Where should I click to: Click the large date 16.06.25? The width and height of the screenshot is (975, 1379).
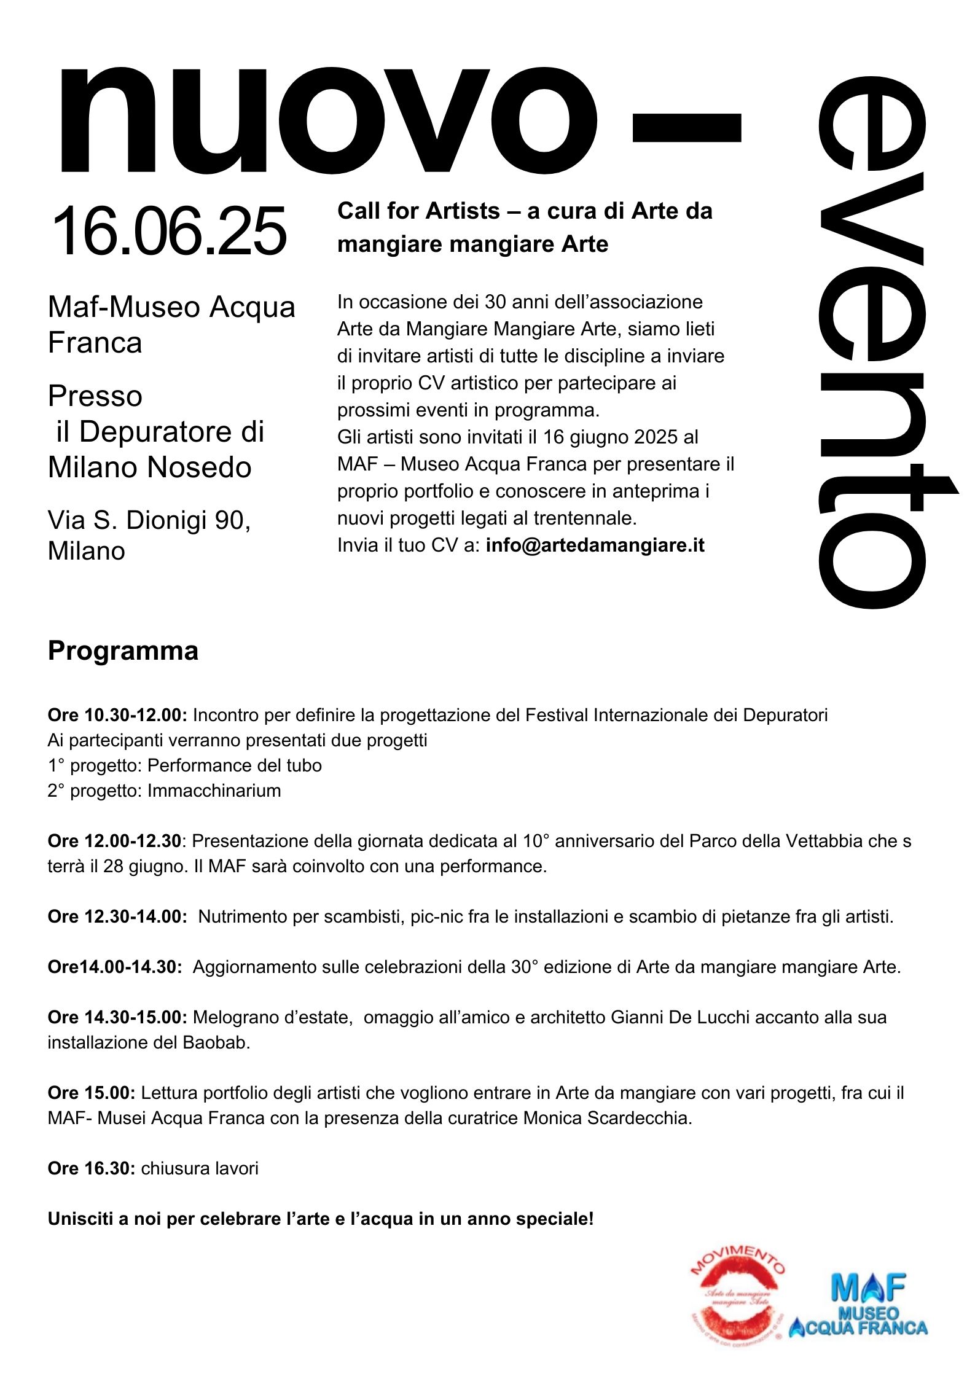coord(170,231)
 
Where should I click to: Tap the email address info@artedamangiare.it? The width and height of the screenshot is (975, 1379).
coord(595,545)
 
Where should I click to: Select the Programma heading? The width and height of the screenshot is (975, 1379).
coord(123,651)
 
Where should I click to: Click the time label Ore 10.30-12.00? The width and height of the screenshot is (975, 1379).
coord(117,715)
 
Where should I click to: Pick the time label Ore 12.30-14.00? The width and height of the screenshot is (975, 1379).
coord(117,916)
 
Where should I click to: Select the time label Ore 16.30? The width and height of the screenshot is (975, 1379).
coord(91,1168)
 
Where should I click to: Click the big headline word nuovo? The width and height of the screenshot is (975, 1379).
coord(326,120)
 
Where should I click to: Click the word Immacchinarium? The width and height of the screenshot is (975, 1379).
coord(214,791)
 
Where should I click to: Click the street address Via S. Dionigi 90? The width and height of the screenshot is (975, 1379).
coord(149,520)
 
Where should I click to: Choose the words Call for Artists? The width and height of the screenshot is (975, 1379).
coord(418,211)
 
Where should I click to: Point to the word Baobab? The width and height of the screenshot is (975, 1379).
coord(216,1042)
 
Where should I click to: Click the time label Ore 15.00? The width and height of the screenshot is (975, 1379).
coord(91,1093)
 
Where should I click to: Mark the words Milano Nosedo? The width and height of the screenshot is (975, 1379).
coord(150,467)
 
